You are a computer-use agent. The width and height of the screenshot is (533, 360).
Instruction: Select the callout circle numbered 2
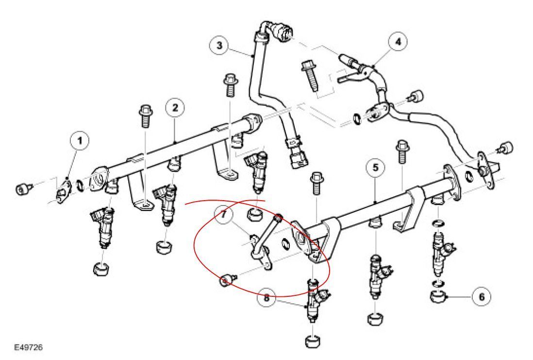[176, 108]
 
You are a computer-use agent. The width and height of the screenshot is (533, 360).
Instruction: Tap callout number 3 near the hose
[220, 46]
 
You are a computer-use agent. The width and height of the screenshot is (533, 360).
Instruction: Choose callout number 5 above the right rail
[376, 168]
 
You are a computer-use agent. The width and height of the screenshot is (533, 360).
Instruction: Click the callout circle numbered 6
[481, 296]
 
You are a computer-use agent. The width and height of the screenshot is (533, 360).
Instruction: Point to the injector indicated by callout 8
[316, 301]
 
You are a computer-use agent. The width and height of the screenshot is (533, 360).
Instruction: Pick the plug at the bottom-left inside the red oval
[227, 280]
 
